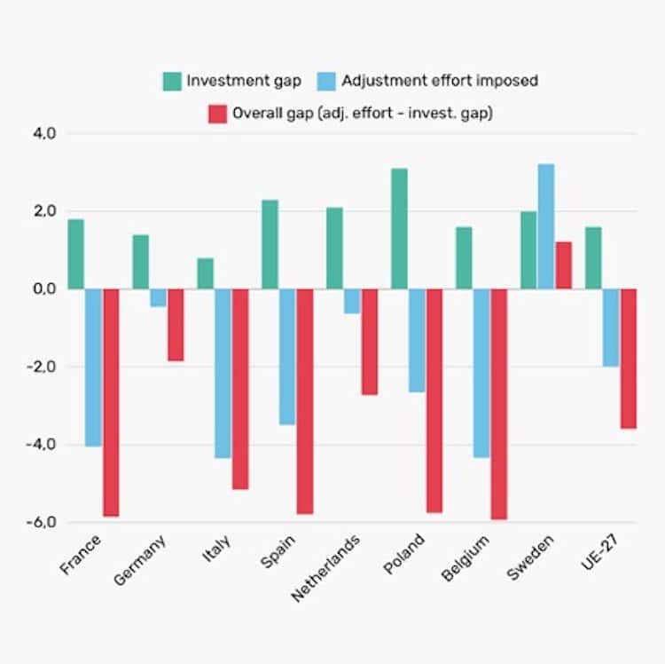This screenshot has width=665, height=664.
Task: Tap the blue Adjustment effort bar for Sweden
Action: [546, 226]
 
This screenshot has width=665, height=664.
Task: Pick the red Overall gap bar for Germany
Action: [176, 325]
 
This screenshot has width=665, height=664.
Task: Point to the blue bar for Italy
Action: [223, 373]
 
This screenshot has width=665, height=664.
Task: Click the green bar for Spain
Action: [270, 244]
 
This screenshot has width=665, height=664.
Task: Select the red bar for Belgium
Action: [499, 404]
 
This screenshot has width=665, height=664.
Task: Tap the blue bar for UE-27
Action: [611, 328]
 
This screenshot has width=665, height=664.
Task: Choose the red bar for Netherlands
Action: [370, 342]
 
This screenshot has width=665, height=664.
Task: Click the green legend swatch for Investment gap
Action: [171, 81]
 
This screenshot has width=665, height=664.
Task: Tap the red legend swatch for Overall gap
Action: [216, 113]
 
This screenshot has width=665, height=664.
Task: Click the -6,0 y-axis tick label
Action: [43, 522]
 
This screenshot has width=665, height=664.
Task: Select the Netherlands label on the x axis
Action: [326, 568]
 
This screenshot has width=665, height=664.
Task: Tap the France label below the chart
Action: [81, 554]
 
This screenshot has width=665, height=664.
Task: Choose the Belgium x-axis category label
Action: [464, 558]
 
